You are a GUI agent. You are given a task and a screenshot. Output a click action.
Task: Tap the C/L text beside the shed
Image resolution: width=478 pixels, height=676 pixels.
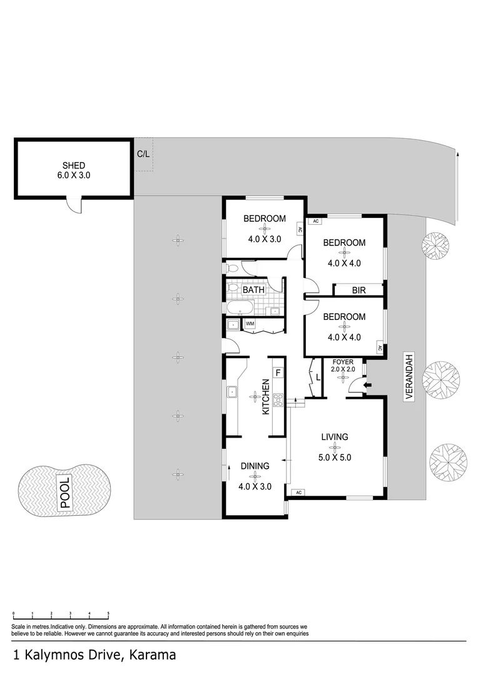tap(143, 153)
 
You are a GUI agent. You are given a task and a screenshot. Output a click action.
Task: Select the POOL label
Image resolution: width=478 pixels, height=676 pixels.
tap(65, 491)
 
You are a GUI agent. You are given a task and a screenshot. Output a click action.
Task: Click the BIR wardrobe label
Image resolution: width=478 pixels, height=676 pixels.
tap(358, 290)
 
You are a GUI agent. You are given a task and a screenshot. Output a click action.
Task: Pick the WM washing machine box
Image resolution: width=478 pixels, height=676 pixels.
tap(250, 324)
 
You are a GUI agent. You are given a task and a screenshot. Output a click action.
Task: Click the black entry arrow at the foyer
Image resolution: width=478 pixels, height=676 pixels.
tap(367, 385)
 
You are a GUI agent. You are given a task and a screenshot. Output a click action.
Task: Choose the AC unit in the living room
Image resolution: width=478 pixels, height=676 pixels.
tap(298, 492)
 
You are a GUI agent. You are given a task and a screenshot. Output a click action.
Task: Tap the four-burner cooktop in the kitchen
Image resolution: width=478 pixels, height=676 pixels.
tap(278, 400)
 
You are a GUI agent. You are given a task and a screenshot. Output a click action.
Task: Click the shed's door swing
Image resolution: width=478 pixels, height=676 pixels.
tap(74, 205)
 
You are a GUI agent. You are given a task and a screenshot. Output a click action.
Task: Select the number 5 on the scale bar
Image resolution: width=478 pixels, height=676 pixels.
tap(108, 614)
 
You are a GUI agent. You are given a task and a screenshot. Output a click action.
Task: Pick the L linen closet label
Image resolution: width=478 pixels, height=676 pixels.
tap(318, 377)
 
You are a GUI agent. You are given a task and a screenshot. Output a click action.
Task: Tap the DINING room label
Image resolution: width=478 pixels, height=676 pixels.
tap(254, 466)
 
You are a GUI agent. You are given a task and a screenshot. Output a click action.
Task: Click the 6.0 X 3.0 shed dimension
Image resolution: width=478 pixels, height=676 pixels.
tap(73, 176)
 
